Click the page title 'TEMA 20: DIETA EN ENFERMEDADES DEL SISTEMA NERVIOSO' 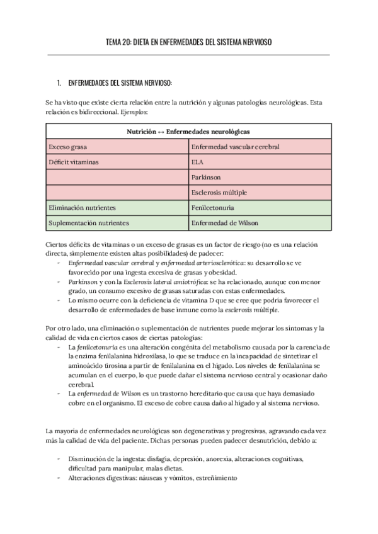click(188, 42)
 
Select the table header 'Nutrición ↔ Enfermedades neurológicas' click(188, 132)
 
